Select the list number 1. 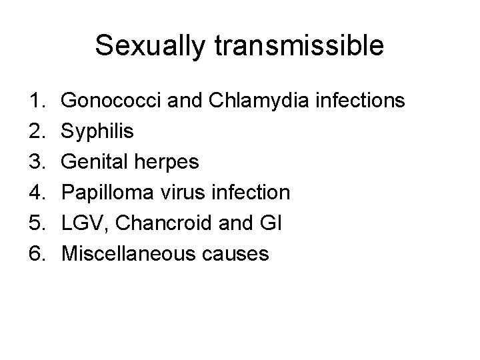[37, 101]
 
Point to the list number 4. [37, 193]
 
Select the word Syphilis [98, 132]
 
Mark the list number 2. [37, 132]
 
